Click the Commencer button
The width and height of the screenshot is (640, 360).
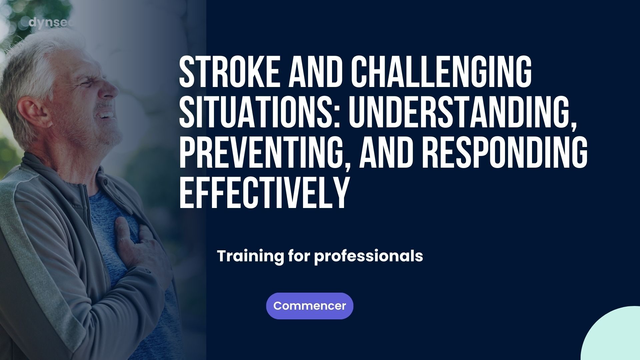coord(310,306)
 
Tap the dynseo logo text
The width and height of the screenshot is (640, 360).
coord(50,23)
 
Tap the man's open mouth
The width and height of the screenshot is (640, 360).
coord(106,115)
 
